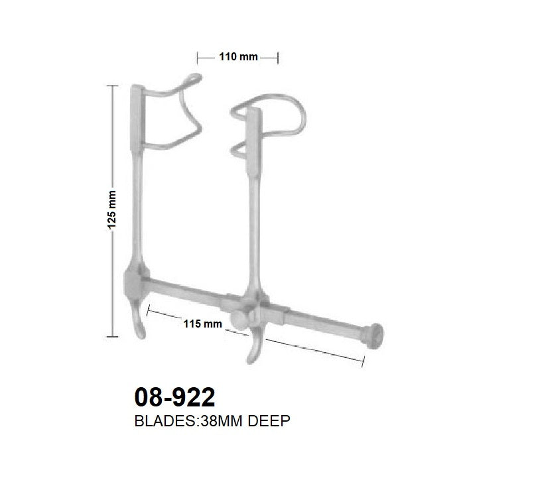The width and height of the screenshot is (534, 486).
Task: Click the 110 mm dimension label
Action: (x=238, y=57)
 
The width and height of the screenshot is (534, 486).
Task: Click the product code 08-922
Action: (x=174, y=398)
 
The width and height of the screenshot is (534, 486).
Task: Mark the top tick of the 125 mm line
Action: (x=111, y=85)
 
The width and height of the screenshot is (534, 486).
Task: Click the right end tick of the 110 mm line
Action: (x=277, y=57)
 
